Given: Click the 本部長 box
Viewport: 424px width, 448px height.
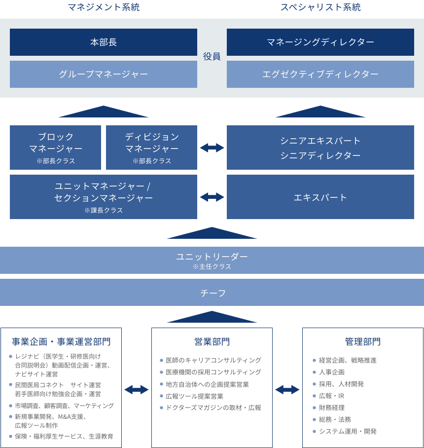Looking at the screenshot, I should pyautogui.click(x=104, y=42).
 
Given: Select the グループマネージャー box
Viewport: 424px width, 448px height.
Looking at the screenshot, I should pyautogui.click(x=104, y=74).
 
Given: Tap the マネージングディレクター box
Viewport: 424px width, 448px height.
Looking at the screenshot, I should pyautogui.click(x=320, y=42).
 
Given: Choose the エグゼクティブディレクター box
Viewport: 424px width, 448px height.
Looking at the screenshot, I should pyautogui.click(x=320, y=74).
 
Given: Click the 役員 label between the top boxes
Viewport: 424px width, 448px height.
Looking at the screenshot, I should pyautogui.click(x=212, y=57).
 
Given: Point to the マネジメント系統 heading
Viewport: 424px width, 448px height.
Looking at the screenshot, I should pyautogui.click(x=104, y=7).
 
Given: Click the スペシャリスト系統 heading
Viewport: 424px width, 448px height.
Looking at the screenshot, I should pyautogui.click(x=320, y=7).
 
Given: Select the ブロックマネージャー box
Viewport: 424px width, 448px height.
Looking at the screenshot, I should pyautogui.click(x=55, y=147).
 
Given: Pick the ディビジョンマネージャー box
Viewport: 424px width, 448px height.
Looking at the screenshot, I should pyautogui.click(x=151, y=147).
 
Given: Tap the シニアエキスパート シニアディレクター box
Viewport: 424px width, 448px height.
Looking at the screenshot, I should pyautogui.click(x=320, y=147).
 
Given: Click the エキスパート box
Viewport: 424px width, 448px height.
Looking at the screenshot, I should pyautogui.click(x=320, y=197).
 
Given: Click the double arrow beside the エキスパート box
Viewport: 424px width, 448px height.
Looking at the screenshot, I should pyautogui.click(x=212, y=197).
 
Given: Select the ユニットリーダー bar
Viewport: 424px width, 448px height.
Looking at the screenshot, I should pyautogui.click(x=212, y=260).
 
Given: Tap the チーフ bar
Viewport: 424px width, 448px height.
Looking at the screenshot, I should pyautogui.click(x=212, y=293).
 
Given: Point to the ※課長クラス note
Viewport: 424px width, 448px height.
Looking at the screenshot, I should pyautogui.click(x=104, y=210).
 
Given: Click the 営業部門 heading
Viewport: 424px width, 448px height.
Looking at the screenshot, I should pyautogui.click(x=212, y=342).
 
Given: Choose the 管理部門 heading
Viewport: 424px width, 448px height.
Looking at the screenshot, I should pyautogui.click(x=362, y=342).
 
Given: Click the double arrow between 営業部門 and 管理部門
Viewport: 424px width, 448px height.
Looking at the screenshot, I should pyautogui.click(x=287, y=389).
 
